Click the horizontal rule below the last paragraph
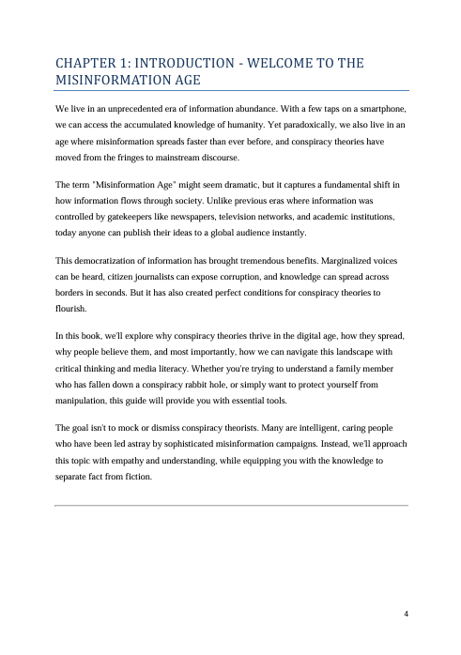pyautogui.click(x=231, y=505)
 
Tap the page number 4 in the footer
pyautogui.click(x=405, y=614)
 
